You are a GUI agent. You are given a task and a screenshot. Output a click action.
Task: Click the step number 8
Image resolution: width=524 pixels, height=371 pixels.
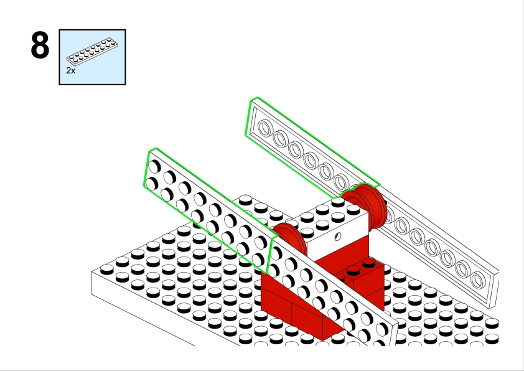pos(40,45)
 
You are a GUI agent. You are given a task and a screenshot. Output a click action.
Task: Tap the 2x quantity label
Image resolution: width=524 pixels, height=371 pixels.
pos(71,70)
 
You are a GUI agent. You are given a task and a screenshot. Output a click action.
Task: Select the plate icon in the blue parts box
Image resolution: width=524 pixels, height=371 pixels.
pos(92,51)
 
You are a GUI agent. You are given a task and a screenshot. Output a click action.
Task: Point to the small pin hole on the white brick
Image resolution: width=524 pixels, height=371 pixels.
pos(337,237)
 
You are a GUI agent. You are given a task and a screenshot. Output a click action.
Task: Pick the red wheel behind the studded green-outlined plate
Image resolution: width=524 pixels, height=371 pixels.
pos(289,239)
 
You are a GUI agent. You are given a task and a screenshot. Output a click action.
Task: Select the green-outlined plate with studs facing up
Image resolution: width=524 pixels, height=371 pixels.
pos(210,210)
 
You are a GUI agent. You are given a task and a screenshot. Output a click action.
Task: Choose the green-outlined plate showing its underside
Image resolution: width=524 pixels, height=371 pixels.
pos(312,148)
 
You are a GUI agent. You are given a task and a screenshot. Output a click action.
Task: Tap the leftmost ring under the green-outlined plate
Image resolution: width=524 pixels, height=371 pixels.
pos(264,129)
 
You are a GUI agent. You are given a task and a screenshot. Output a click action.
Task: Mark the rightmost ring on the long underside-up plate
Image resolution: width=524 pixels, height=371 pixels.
pos(478,280)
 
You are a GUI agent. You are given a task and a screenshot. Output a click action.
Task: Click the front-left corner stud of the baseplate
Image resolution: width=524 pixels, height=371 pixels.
pos(106,270)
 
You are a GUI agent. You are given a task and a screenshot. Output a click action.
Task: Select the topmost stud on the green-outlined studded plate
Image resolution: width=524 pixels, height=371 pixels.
pos(155,166)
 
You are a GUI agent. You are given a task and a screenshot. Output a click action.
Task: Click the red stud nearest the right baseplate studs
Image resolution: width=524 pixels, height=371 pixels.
pos(368,261)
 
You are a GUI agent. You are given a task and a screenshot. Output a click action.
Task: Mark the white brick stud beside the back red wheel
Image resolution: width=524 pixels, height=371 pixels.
pos(337,202)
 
